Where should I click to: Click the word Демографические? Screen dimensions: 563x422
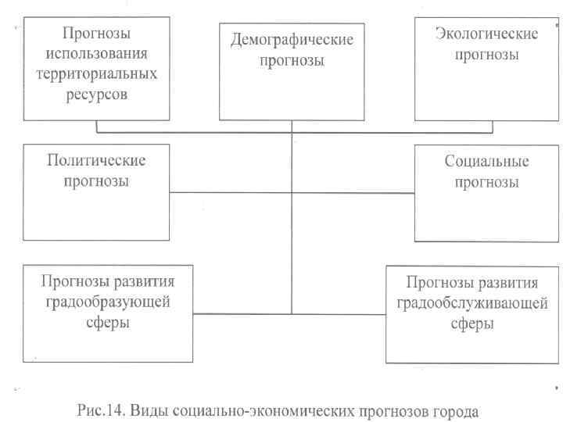click(x=292, y=39)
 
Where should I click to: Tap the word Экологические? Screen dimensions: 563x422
click(x=486, y=35)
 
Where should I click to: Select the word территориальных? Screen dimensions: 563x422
click(x=97, y=74)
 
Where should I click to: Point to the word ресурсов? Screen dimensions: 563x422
click(x=97, y=95)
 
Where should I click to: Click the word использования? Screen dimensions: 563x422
click(x=97, y=55)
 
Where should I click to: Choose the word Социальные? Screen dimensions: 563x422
click(x=486, y=163)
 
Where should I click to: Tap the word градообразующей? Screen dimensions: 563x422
click(x=108, y=301)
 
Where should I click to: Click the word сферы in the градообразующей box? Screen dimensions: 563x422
click(x=108, y=320)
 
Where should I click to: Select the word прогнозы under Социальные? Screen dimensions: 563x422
click(x=486, y=183)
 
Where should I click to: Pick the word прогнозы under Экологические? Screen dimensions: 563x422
click(x=486, y=55)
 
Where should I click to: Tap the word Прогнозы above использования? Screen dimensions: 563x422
click(x=97, y=34)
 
